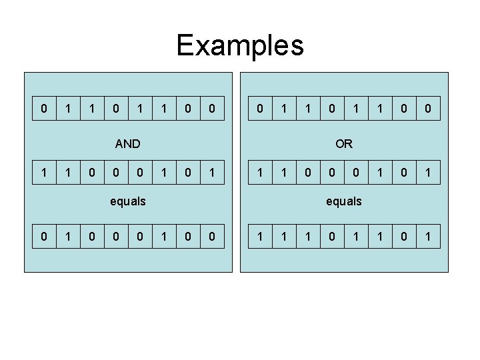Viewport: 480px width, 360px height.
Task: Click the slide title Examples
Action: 240,45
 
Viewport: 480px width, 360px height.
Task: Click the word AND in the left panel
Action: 127,143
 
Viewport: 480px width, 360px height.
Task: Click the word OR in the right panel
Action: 344,143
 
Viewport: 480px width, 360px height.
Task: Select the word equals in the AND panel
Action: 127,201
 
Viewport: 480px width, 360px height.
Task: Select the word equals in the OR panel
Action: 344,201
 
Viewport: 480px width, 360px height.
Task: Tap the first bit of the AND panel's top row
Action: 44,108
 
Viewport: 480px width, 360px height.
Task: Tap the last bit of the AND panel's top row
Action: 211,108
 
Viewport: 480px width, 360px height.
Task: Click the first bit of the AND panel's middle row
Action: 44,173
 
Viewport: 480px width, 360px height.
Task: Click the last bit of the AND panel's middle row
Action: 211,173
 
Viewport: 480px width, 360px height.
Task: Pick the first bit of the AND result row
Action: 44,237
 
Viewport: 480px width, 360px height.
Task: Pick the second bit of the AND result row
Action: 68,237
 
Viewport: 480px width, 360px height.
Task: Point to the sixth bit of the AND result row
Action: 164,237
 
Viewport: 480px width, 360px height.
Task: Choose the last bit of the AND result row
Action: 211,237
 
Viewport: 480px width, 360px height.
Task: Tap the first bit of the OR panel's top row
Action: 260,108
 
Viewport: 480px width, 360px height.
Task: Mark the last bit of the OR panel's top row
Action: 428,108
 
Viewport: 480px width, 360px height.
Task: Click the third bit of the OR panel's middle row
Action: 308,173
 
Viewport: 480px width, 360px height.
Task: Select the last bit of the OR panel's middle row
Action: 428,173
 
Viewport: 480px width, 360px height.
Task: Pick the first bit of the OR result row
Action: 260,237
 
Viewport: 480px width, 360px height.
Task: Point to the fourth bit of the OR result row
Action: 332,237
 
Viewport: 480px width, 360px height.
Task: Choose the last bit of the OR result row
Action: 428,237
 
